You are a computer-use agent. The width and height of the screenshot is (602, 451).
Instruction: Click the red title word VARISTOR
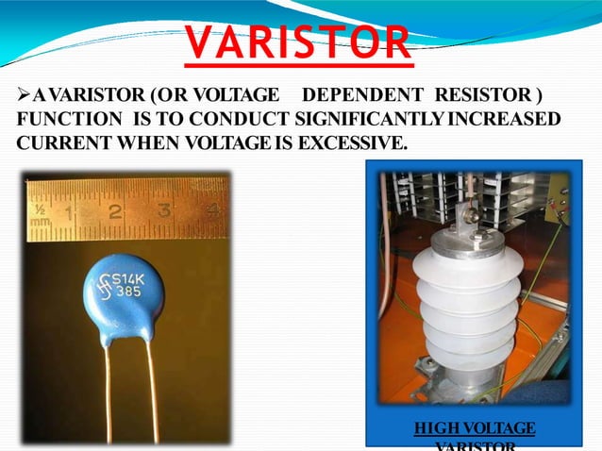(x=297, y=42)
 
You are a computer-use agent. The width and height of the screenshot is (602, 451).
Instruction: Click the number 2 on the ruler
(x=114, y=211)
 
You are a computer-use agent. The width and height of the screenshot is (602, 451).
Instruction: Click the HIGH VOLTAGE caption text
(x=475, y=429)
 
